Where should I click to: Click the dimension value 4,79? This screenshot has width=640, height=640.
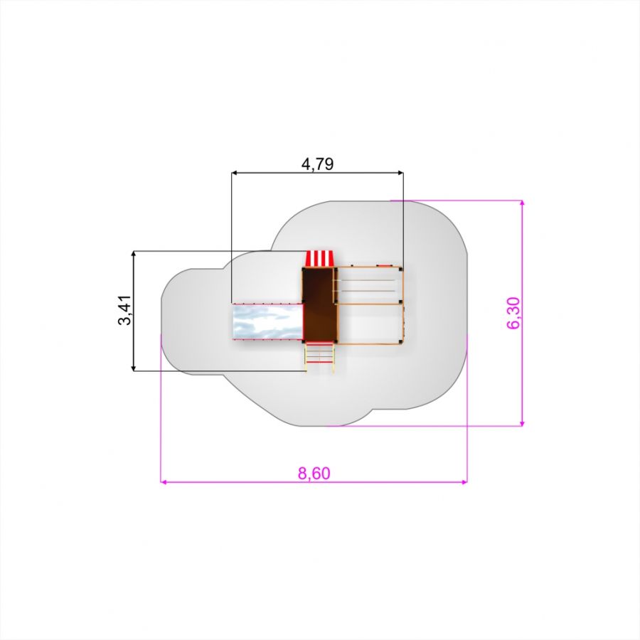point(317,164)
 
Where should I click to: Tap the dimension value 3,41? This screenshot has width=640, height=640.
point(124,310)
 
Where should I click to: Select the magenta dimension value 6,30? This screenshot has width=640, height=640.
point(513,313)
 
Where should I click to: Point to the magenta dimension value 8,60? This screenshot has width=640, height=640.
point(314,473)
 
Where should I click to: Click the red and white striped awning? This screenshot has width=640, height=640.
point(319,258)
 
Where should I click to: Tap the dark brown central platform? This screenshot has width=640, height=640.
point(319,304)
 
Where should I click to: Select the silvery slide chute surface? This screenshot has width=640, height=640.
point(267,321)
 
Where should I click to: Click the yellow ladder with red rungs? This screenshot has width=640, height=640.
point(319,358)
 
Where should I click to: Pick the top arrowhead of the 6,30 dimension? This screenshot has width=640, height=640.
point(522,203)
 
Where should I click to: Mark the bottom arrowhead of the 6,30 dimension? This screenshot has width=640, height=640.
point(522,423)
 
